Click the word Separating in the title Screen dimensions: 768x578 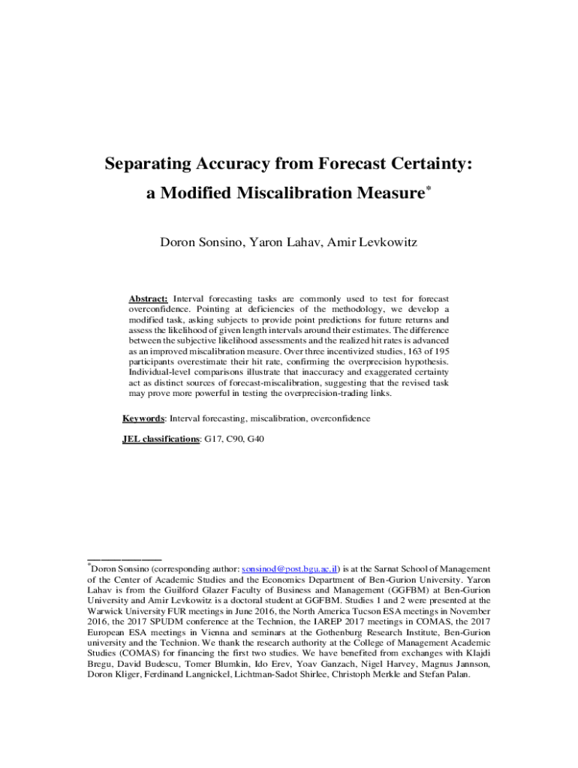(151, 163)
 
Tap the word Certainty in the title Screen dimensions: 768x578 (429, 163)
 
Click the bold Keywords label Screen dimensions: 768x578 (144, 418)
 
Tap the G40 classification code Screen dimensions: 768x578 (254, 439)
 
